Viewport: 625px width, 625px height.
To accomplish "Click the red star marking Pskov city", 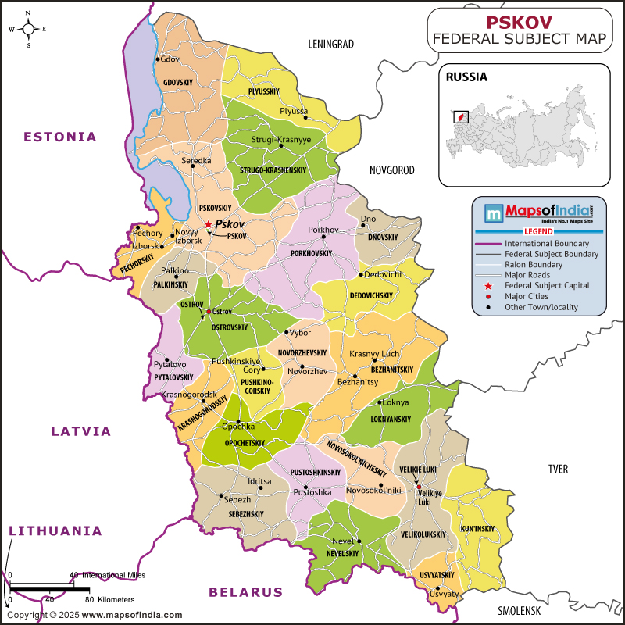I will pos(208,224).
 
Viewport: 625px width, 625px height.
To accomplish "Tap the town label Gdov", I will pos(170,59).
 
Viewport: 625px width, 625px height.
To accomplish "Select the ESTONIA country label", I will pos(60,137).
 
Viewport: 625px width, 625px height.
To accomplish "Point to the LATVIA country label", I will pos(81,430).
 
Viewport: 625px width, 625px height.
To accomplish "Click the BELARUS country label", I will pos(245,592).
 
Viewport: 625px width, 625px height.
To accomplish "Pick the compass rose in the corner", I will pos(28,30).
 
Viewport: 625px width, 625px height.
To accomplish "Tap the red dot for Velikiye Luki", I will pos(419,487).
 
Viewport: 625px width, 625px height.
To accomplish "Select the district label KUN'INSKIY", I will pos(478,529).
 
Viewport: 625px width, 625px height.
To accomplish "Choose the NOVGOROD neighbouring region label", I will pos(392,170).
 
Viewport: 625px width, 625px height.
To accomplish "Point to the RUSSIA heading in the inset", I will pos(466,77).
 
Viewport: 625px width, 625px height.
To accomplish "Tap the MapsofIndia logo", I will pos(539,212).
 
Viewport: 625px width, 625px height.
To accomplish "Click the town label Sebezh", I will pos(237,499).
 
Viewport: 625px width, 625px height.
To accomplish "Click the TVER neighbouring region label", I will pos(558,469).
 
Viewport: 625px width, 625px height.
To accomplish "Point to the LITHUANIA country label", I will pos(55,530).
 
